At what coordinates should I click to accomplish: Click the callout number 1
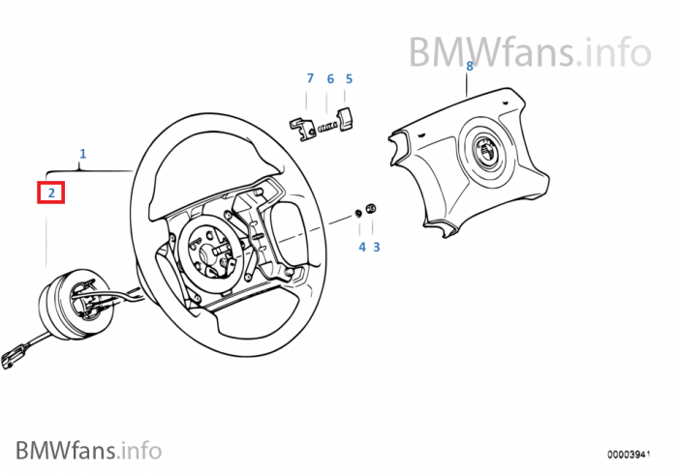(82, 153)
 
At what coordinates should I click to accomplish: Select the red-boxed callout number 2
(50, 193)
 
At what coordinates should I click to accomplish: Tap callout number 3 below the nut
(377, 247)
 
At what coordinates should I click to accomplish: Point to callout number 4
(361, 247)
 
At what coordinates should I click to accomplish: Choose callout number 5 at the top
(349, 78)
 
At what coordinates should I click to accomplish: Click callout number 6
(329, 78)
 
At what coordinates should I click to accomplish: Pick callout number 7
(310, 78)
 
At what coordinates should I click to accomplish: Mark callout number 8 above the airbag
(470, 66)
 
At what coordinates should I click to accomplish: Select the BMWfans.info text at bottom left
(88, 449)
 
